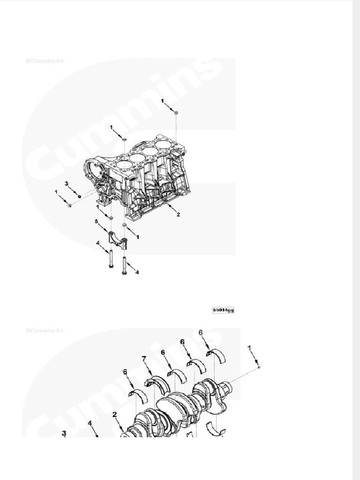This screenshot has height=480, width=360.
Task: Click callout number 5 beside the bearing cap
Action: [x=97, y=221]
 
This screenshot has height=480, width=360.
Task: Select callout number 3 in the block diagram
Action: [x=67, y=183]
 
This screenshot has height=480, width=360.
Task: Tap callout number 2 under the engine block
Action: [x=178, y=215]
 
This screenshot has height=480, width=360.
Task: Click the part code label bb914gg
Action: [x=223, y=310]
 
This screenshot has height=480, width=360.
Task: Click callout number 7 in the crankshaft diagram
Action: [x=144, y=360]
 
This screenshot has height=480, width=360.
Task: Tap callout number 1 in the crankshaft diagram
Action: [x=250, y=347]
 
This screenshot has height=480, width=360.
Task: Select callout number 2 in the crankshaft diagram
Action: [x=114, y=414]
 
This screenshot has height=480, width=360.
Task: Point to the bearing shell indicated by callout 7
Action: [x=157, y=383]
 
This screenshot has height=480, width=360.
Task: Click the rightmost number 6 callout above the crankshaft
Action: [x=201, y=332]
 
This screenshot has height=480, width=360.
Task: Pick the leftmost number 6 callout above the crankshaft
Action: [x=125, y=372]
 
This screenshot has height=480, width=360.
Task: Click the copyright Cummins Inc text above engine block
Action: [x=45, y=61]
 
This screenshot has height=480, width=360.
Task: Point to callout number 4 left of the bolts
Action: [x=97, y=243]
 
